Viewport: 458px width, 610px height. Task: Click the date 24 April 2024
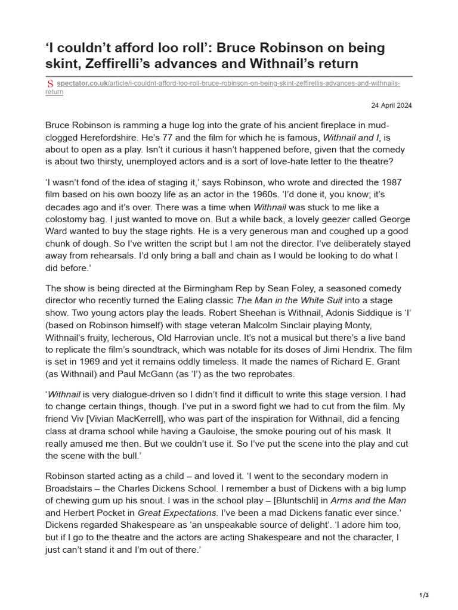pos(391,105)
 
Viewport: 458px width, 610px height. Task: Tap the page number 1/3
pos(424,595)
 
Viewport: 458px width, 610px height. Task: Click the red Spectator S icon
pos(50,84)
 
